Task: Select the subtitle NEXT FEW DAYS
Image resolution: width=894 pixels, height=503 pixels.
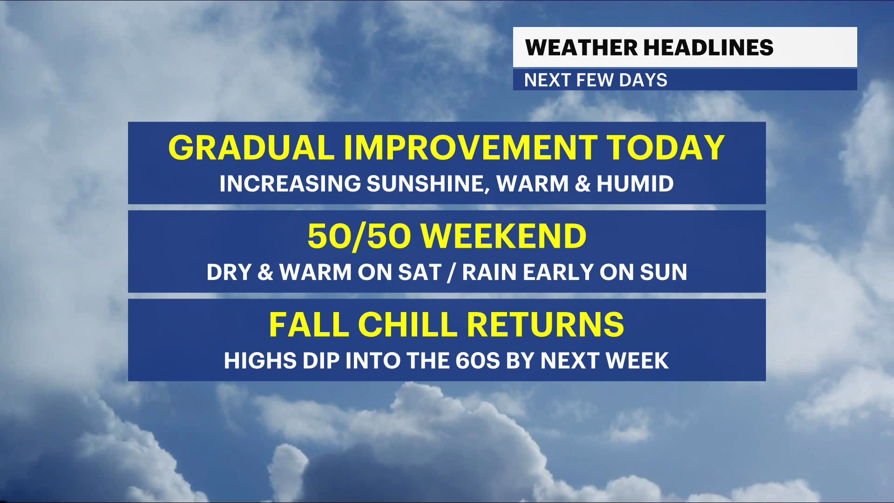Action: coord(596,80)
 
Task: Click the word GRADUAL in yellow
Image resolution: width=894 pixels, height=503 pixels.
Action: coord(251,148)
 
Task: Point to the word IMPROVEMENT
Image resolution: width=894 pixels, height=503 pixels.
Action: coord(471,148)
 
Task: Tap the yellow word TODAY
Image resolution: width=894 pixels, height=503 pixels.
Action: coord(665,148)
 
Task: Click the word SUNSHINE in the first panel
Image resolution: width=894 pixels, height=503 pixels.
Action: coord(428,184)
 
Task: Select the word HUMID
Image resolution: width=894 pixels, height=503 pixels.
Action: coord(635,184)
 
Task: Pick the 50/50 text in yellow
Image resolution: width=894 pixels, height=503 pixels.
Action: coord(359,236)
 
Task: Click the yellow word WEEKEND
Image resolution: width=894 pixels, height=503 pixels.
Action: coord(503,236)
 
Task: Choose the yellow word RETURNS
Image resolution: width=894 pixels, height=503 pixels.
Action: coord(545,325)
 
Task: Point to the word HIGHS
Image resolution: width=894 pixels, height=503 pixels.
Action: coord(260,360)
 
